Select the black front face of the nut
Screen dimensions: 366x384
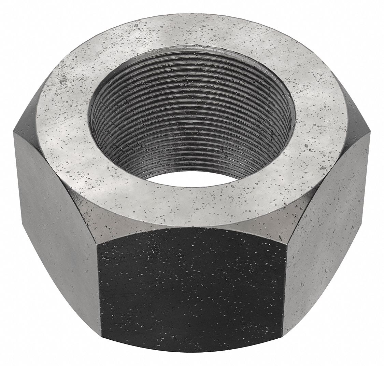(x=191, y=287)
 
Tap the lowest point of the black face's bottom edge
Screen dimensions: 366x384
(x=191, y=352)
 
